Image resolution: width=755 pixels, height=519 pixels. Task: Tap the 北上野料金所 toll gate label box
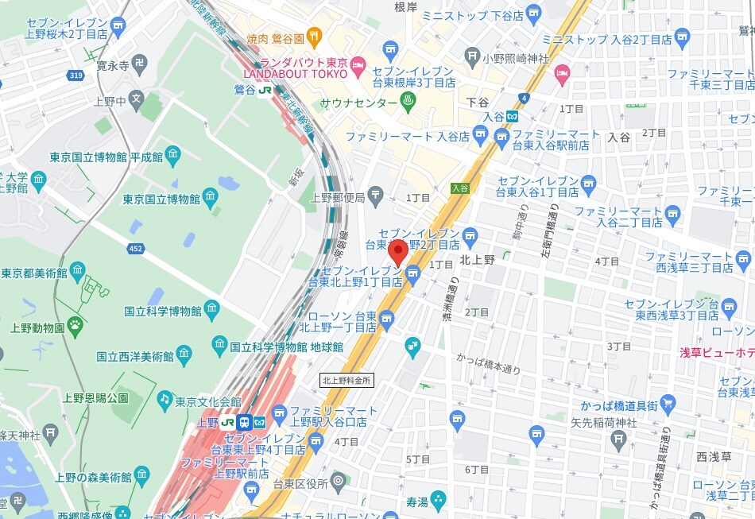tap(347, 381)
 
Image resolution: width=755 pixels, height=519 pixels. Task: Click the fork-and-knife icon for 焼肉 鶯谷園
tap(315, 36)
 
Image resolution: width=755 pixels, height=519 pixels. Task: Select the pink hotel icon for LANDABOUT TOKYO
tap(358, 63)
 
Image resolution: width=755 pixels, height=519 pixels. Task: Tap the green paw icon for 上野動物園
tap(75, 324)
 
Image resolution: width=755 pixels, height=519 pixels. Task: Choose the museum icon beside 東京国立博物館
tap(211, 197)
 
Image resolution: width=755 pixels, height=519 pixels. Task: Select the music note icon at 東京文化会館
tap(165, 399)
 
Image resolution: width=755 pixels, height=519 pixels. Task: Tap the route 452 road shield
tap(136, 250)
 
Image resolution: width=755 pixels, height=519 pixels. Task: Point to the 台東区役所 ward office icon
tap(339, 481)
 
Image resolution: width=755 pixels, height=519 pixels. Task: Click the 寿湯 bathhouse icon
tap(437, 501)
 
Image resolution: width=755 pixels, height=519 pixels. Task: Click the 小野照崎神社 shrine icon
tap(473, 57)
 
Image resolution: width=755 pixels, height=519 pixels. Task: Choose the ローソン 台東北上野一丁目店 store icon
tap(387, 320)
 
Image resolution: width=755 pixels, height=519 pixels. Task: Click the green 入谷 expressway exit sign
tap(459, 188)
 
